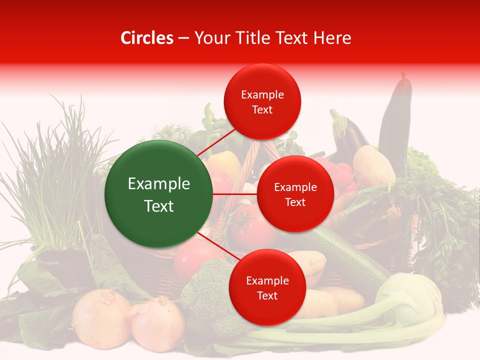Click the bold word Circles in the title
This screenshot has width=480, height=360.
[147, 38]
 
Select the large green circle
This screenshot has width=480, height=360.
[158, 194]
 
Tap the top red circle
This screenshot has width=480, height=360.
[262, 101]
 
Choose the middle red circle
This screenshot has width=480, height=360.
[295, 194]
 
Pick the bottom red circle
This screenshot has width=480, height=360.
[267, 287]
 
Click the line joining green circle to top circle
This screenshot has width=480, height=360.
[216, 141]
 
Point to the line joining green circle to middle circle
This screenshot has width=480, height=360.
[235, 194]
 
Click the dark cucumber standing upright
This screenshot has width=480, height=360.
[395, 120]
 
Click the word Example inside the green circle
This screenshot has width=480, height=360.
[158, 184]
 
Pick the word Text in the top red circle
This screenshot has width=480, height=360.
[262, 110]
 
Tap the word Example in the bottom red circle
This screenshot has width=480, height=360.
[267, 281]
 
